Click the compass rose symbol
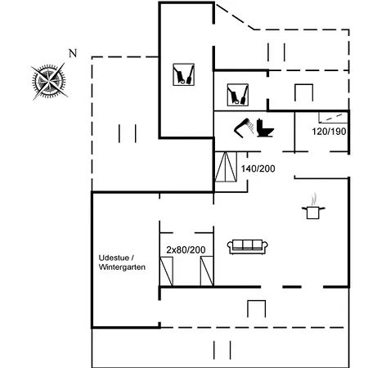click(49, 81)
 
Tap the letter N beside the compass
click(73, 53)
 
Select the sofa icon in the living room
click(248, 247)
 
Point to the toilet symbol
click(265, 128)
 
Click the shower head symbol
click(244, 128)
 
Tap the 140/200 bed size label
click(258, 168)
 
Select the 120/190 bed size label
click(329, 132)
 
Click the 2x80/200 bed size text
click(186, 249)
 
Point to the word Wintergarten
click(122, 267)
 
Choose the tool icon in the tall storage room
click(184, 74)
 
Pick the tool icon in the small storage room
click(238, 95)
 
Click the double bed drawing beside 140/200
click(226, 167)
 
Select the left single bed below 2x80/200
click(166, 271)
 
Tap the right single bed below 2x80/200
click(207, 271)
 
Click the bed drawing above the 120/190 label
click(334, 117)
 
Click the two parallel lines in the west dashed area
click(128, 133)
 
